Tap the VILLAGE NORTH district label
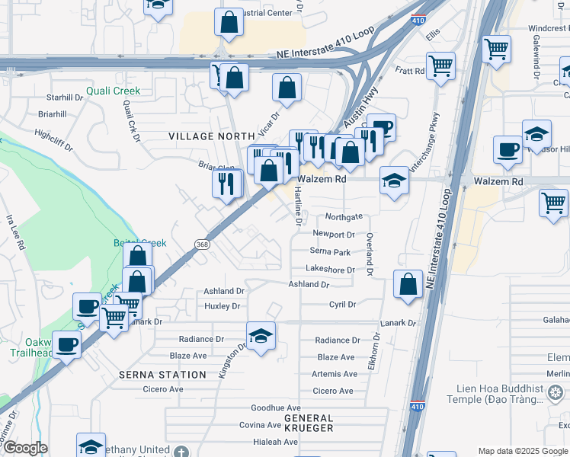tap(205, 136)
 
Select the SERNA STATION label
tap(162, 375)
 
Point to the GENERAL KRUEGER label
tap(309, 423)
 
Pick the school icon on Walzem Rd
tap(393, 181)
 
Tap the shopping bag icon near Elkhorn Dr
tap(408, 285)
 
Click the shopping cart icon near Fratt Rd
tap(440, 66)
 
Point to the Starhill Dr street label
tap(64, 97)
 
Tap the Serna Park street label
tap(330, 251)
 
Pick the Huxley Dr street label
tap(223, 306)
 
